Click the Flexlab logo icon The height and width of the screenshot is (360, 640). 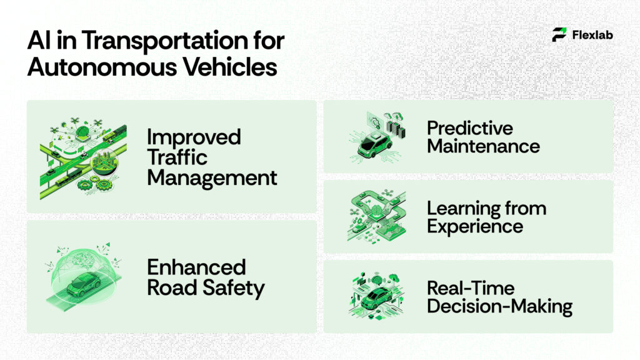pyautogui.click(x=559, y=34)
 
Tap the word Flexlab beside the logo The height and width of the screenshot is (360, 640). pyautogui.click(x=592, y=35)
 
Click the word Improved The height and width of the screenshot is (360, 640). pyautogui.click(x=194, y=136)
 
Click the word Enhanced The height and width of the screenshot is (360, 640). pyautogui.click(x=196, y=267)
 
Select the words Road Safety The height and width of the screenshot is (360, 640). pyautogui.click(x=206, y=288)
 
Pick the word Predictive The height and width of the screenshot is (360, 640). pyautogui.click(x=469, y=128)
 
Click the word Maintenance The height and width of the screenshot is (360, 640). pyautogui.click(x=483, y=146)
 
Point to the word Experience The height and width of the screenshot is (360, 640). pyautogui.click(x=475, y=226)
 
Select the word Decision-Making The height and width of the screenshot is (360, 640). pyautogui.click(x=499, y=306)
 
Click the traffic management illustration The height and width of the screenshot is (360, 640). pyautogui.click(x=83, y=156)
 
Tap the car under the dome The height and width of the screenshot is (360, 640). pyautogui.click(x=83, y=285)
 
